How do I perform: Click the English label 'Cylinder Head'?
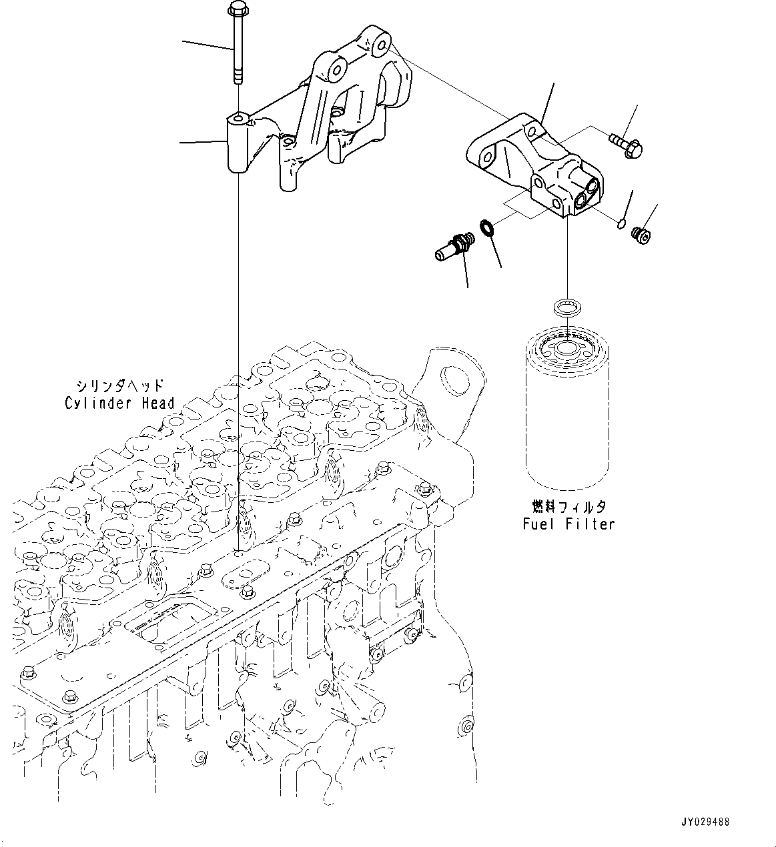(x=119, y=403)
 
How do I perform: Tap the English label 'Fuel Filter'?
(x=568, y=524)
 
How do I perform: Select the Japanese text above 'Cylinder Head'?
(x=119, y=386)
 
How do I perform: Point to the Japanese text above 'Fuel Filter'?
(x=568, y=507)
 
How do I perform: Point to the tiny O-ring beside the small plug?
(x=621, y=224)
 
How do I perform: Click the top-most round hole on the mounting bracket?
(x=382, y=47)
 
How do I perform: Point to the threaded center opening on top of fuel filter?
(x=566, y=347)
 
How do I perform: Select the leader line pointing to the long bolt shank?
(x=207, y=45)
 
